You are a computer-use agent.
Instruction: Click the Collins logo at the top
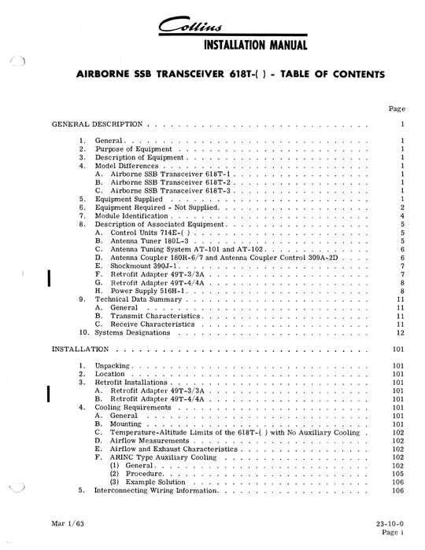pyautogui.click(x=213, y=27)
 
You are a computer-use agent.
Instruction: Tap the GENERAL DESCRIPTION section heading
pyautogui.click(x=97, y=124)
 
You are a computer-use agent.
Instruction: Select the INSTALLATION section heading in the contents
pyautogui.click(x=81, y=348)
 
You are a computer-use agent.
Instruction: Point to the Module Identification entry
pyautogui.click(x=131, y=215)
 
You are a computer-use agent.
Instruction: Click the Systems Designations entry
pyautogui.click(x=131, y=332)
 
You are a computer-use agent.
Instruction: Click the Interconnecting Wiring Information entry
pyautogui.click(x=155, y=490)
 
